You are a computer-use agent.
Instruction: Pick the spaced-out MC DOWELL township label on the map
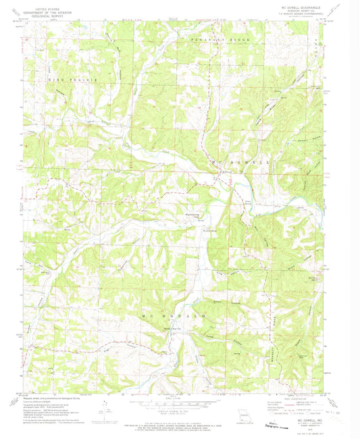pos(240,163)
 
